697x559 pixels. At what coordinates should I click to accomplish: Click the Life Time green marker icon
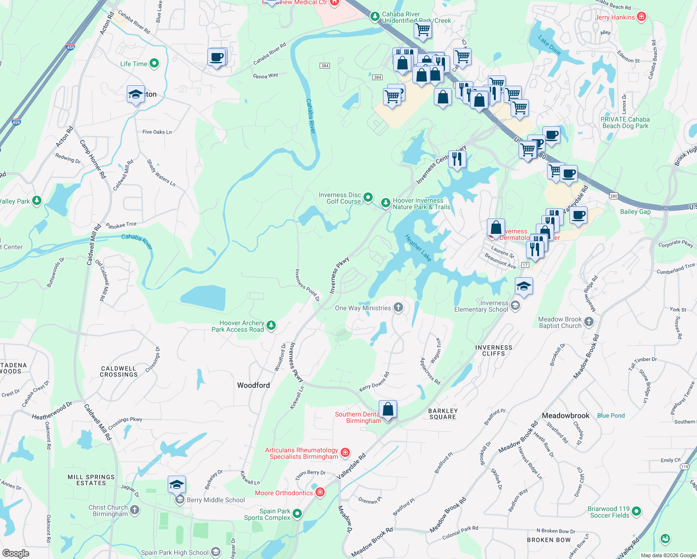pyautogui.click(x=154, y=63)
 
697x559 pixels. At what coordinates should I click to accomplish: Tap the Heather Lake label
pyautogui.click(x=418, y=247)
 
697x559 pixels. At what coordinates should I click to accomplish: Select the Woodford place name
pyautogui.click(x=253, y=385)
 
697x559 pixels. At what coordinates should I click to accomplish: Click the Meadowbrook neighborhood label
pyautogui.click(x=566, y=416)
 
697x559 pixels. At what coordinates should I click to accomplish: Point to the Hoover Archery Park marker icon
pyautogui.click(x=271, y=325)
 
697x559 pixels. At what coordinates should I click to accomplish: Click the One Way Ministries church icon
pyautogui.click(x=398, y=307)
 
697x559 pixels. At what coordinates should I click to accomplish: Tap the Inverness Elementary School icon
pyautogui.click(x=515, y=306)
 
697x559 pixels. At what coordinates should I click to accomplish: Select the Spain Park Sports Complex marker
pyautogui.click(x=297, y=514)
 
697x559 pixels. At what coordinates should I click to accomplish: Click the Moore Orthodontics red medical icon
pyautogui.click(x=320, y=492)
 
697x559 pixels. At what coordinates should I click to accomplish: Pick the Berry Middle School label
pyautogui.click(x=216, y=500)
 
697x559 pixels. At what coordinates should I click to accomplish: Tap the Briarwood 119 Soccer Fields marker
pyautogui.click(x=636, y=511)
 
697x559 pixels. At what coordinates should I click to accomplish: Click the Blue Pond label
pyautogui.click(x=611, y=416)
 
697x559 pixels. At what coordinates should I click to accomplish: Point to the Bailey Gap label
pyautogui.click(x=635, y=211)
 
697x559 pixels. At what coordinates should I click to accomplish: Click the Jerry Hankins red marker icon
pyautogui.click(x=642, y=17)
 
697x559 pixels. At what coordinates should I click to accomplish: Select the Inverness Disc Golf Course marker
pyautogui.click(x=368, y=198)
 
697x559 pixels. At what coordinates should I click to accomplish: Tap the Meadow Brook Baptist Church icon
pyautogui.click(x=589, y=322)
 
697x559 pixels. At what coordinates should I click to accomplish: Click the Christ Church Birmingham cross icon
pyautogui.click(x=135, y=510)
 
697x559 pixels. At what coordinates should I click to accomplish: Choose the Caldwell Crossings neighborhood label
pyautogui.click(x=119, y=371)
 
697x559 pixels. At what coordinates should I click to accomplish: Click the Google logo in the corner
pyautogui.click(x=16, y=553)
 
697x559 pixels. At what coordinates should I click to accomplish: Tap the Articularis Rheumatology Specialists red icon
pyautogui.click(x=345, y=452)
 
